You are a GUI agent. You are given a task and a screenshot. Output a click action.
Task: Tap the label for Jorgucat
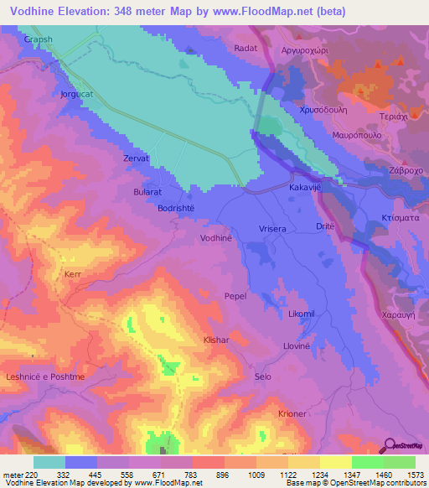click(78, 94)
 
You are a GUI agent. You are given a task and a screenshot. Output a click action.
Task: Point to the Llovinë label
click(297, 345)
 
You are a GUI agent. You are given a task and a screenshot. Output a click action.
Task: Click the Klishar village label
click(217, 342)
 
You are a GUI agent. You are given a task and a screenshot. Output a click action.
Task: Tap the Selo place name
click(263, 377)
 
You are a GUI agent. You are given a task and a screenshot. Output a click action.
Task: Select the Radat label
click(246, 49)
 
